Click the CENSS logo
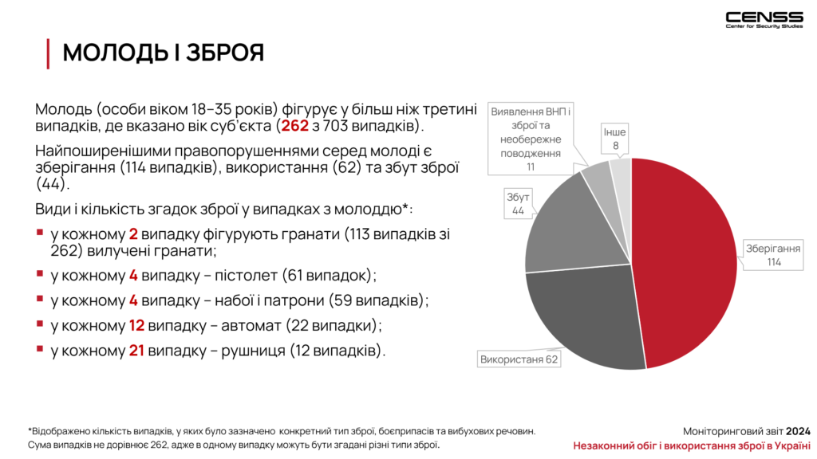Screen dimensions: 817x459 [764, 20]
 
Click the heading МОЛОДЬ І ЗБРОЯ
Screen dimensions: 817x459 [164, 53]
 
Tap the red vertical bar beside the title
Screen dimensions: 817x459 [48, 53]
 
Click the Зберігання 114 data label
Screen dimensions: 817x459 [773, 256]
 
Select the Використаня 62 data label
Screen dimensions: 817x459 [519, 359]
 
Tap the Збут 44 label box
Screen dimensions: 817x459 [518, 203]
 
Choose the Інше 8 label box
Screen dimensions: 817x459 [615, 139]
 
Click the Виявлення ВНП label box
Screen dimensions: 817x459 [531, 139]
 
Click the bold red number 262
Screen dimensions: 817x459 [295, 126]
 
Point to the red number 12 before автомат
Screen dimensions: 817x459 [136, 326]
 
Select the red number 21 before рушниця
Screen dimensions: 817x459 [136, 351]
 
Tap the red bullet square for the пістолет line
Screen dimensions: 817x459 [40, 273]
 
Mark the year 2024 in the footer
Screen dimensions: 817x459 [798, 431]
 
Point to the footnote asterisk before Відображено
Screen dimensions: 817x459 [30, 430]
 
